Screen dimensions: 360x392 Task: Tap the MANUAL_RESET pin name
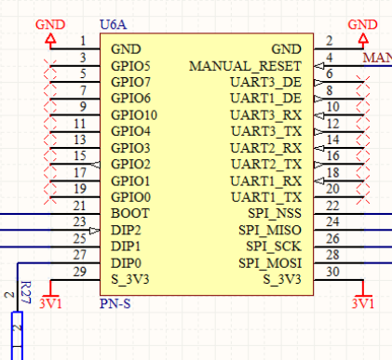pyautogui.click(x=245, y=66)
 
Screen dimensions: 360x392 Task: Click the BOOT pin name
pyautogui.click(x=128, y=214)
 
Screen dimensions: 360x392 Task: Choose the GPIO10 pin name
pyautogui.click(x=134, y=115)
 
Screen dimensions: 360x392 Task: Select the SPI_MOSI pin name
pyautogui.click(x=270, y=263)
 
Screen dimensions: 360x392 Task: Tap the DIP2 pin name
pyautogui.click(x=126, y=231)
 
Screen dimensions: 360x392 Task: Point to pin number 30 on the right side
pyautogui.click(x=333, y=271)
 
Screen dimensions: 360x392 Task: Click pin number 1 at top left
pyautogui.click(x=83, y=40)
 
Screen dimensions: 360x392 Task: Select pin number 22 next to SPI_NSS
pyautogui.click(x=333, y=206)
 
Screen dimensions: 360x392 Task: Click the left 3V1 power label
pyautogui.click(x=51, y=303)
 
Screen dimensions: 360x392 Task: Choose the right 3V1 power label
pyautogui.click(x=361, y=303)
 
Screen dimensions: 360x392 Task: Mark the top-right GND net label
pyautogui.click(x=359, y=24)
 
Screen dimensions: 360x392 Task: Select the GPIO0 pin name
pyautogui.click(x=130, y=197)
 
